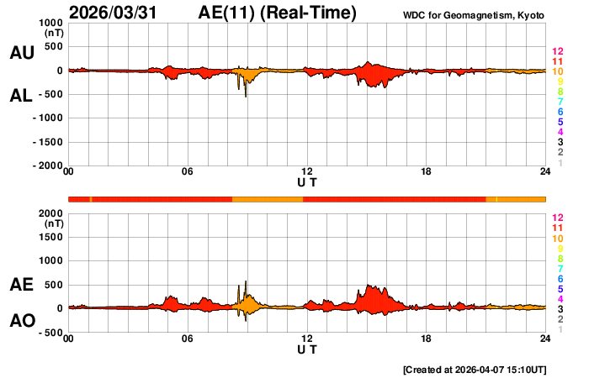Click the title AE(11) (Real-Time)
[x=278, y=13]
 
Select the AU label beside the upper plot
[x=21, y=53]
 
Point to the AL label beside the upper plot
[x=21, y=96]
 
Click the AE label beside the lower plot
[x=21, y=285]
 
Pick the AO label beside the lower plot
[x=21, y=321]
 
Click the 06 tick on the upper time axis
[x=188, y=172]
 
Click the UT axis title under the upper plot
[x=307, y=181]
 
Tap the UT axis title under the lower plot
[x=307, y=349]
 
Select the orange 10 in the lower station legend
[x=557, y=239]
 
